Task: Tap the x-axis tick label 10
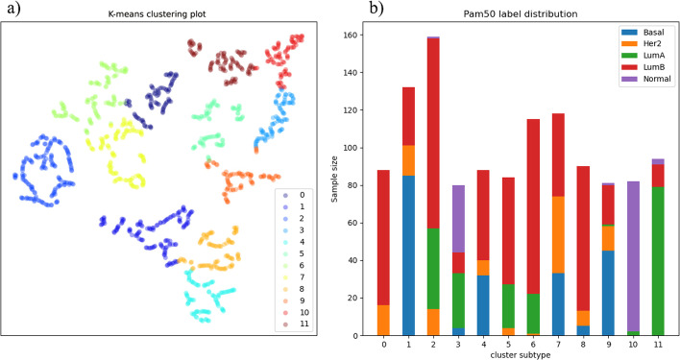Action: (x=632, y=342)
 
